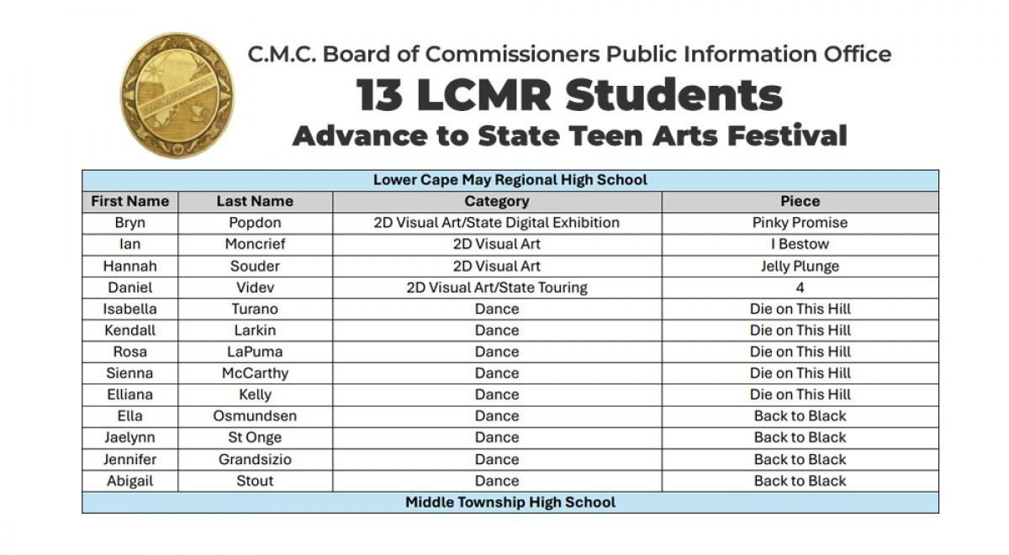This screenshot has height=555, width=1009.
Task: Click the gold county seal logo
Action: tap(177, 95)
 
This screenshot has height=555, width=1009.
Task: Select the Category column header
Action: tap(497, 202)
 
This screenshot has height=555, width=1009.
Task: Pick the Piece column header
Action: tap(800, 202)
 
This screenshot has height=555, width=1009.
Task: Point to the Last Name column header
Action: tap(255, 202)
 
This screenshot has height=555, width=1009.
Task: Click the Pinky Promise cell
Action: tap(800, 223)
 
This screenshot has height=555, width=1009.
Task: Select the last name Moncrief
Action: tap(255, 245)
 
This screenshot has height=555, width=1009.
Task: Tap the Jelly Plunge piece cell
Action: tap(800, 267)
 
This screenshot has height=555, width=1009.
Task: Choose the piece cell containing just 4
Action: tap(800, 288)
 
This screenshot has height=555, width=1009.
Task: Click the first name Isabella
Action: tap(129, 309)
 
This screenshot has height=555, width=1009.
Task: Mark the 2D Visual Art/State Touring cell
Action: tap(497, 288)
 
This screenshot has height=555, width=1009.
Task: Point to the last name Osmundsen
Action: tap(255, 416)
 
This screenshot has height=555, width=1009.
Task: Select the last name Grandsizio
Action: tap(255, 460)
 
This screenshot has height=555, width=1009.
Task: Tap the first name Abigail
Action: tap(129, 481)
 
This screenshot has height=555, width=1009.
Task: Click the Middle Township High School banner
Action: tap(510, 503)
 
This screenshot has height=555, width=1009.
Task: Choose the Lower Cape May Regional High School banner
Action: tap(510, 180)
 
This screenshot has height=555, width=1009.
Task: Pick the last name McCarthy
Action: tap(255, 373)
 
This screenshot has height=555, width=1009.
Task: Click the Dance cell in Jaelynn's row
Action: tap(497, 438)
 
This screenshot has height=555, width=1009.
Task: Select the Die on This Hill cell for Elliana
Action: tap(800, 395)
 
